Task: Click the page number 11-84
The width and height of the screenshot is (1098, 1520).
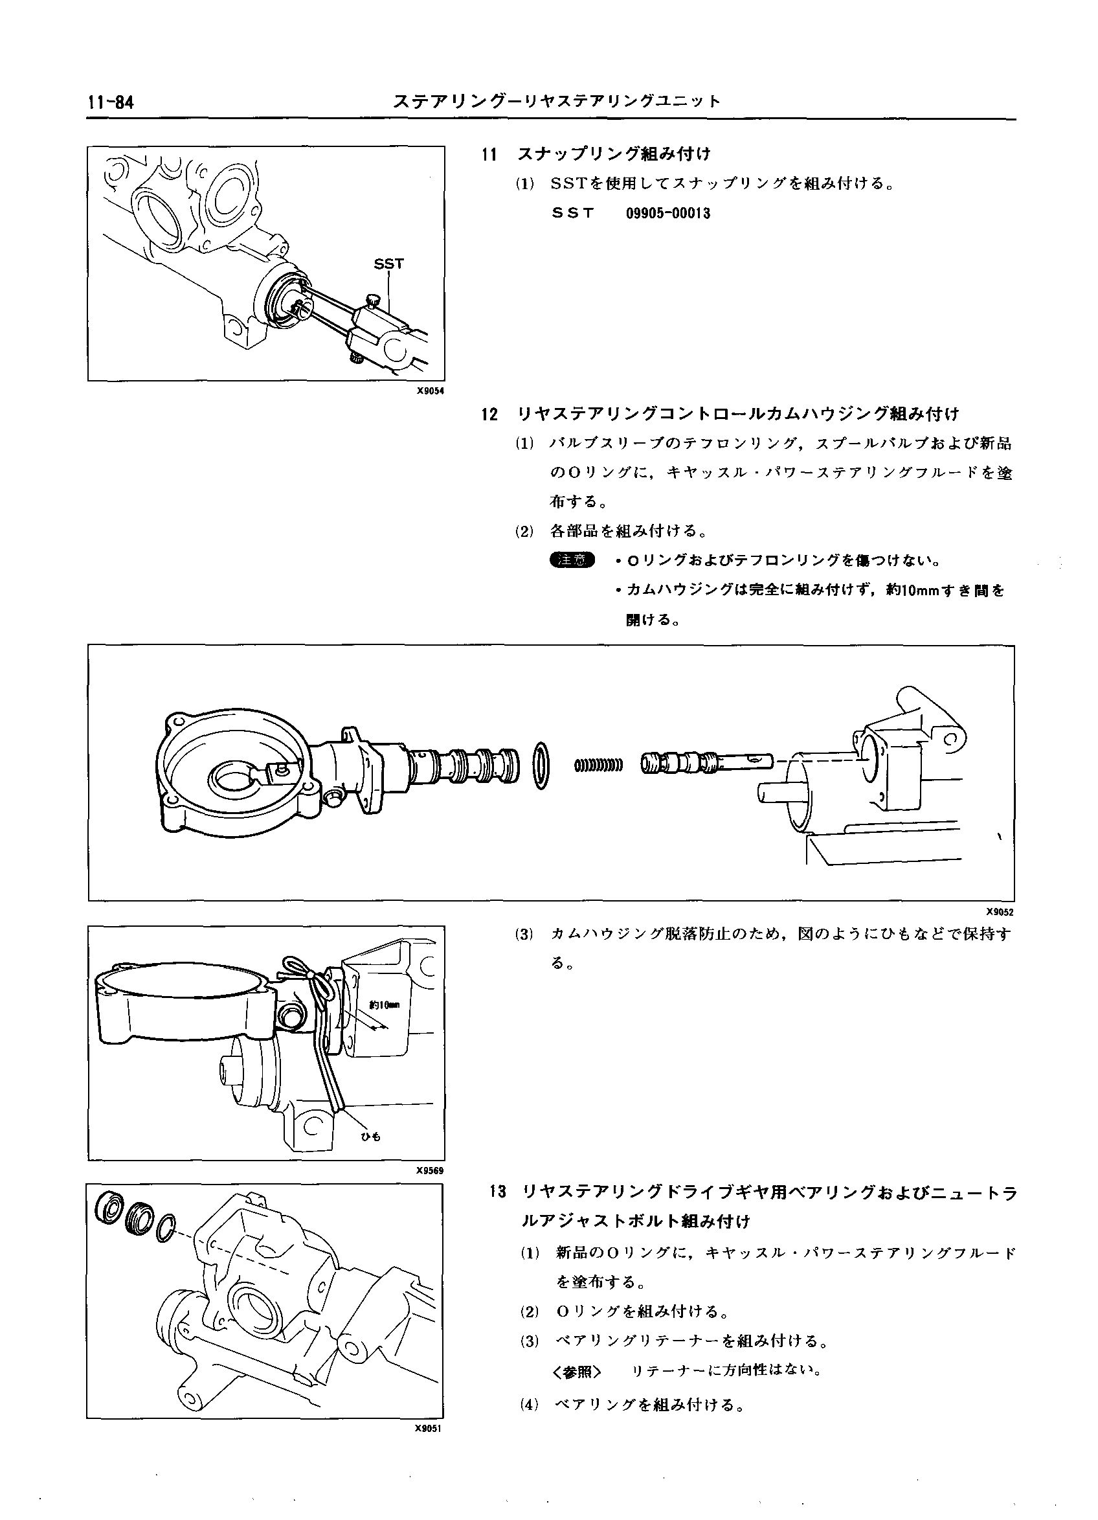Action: [111, 102]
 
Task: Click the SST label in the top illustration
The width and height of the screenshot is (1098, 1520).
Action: [388, 264]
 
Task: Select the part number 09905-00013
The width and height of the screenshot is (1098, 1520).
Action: [667, 214]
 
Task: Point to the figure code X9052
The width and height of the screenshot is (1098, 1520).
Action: [1000, 911]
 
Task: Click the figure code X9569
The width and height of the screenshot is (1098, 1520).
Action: [430, 1171]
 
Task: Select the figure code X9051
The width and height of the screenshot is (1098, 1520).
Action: [430, 1428]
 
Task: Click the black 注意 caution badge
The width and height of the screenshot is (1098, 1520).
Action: [572, 560]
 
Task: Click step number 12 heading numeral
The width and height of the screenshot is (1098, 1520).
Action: [489, 414]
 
